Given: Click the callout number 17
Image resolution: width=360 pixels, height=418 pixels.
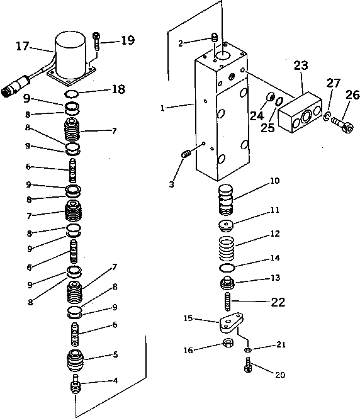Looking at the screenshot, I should tap(23, 45).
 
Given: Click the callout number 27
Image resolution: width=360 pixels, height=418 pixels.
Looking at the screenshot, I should tap(334, 83).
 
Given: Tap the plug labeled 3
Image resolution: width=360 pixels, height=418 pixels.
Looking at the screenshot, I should tap(186, 154).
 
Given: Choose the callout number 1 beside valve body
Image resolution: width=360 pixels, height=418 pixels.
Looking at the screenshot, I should tap(162, 108).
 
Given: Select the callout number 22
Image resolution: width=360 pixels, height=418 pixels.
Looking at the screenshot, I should tap(278, 302).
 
